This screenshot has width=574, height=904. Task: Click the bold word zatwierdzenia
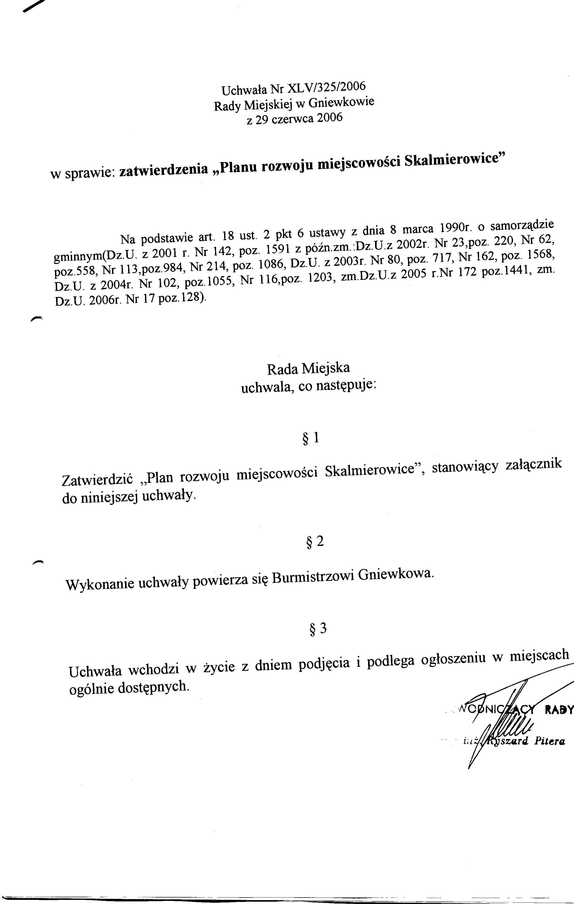coord(163,170)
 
